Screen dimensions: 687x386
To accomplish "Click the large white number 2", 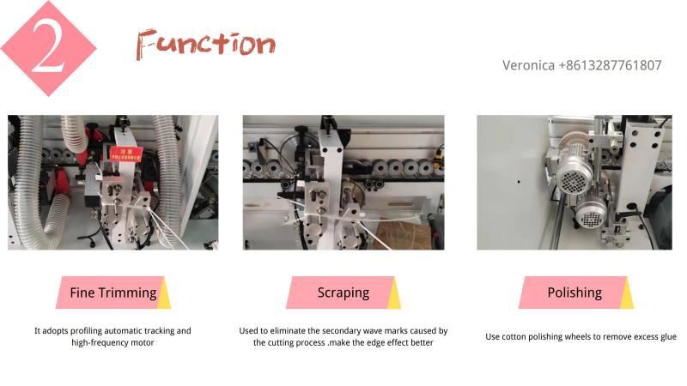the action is [x=48, y=47].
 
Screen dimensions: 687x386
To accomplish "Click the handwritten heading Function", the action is [x=205, y=45].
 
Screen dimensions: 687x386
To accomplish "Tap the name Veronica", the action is [x=528, y=65].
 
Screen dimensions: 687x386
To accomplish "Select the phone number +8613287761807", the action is [x=610, y=65].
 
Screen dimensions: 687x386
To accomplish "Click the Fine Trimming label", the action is [x=113, y=293].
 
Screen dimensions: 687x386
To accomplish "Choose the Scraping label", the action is [x=343, y=293].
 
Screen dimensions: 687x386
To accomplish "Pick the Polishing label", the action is [x=575, y=293].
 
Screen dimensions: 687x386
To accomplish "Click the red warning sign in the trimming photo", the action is [x=125, y=154].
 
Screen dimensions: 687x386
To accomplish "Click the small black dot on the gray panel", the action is [x=519, y=182].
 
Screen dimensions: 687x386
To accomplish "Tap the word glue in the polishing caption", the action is [x=669, y=337].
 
